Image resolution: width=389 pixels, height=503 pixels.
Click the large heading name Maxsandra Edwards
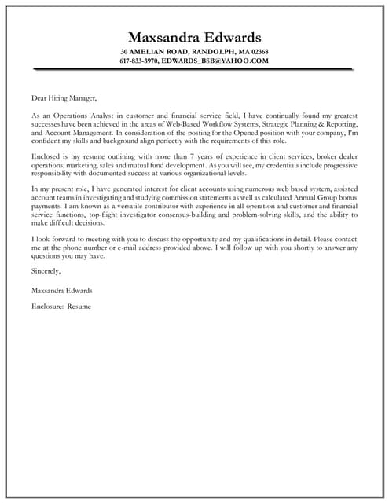[x=194, y=37]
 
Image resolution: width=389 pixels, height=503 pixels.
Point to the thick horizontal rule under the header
[x=193, y=69]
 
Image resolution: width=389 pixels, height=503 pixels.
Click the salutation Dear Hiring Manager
[x=64, y=98]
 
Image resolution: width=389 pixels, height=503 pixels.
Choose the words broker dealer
[x=336, y=156]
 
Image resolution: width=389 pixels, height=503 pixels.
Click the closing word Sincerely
[x=47, y=271]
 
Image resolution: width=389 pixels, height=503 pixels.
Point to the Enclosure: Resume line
[x=61, y=306]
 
